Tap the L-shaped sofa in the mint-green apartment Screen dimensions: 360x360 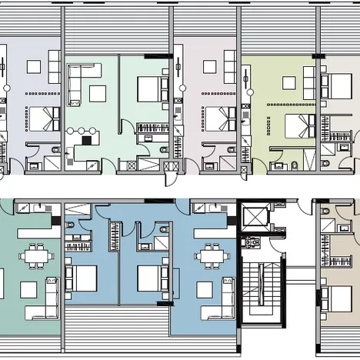click(78, 78)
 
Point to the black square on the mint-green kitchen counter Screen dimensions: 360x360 click(86, 140)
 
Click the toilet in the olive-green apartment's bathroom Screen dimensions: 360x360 click(296, 164)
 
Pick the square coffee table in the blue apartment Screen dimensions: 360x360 click(205, 289)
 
